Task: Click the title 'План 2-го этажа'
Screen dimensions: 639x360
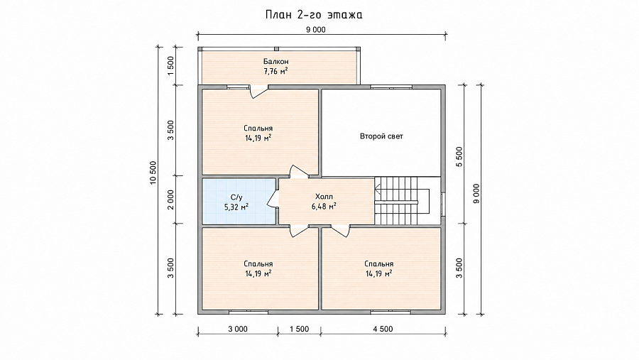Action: (314, 15)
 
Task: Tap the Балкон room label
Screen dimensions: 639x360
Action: (276, 62)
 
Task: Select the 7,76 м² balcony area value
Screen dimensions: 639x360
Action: (276, 71)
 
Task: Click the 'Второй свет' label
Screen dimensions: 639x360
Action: (381, 136)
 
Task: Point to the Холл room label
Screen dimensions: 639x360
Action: (324, 197)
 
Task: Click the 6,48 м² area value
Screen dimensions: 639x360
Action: (324, 207)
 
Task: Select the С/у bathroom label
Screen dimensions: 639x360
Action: (236, 197)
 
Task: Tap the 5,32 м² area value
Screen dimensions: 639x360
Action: (236, 207)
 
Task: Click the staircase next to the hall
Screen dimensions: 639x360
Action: (402, 200)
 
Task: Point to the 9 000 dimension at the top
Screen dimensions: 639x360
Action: (316, 29)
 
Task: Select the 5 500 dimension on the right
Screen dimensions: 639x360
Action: (459, 156)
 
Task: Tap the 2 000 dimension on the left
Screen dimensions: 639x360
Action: (170, 200)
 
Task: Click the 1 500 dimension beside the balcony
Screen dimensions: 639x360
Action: (170, 65)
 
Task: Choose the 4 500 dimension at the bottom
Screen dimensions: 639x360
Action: (383, 329)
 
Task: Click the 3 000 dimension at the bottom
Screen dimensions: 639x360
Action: (238, 329)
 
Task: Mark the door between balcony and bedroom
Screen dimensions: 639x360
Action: (258, 90)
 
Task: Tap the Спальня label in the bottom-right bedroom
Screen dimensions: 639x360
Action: (379, 264)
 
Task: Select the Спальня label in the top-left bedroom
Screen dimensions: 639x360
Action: (258, 129)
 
